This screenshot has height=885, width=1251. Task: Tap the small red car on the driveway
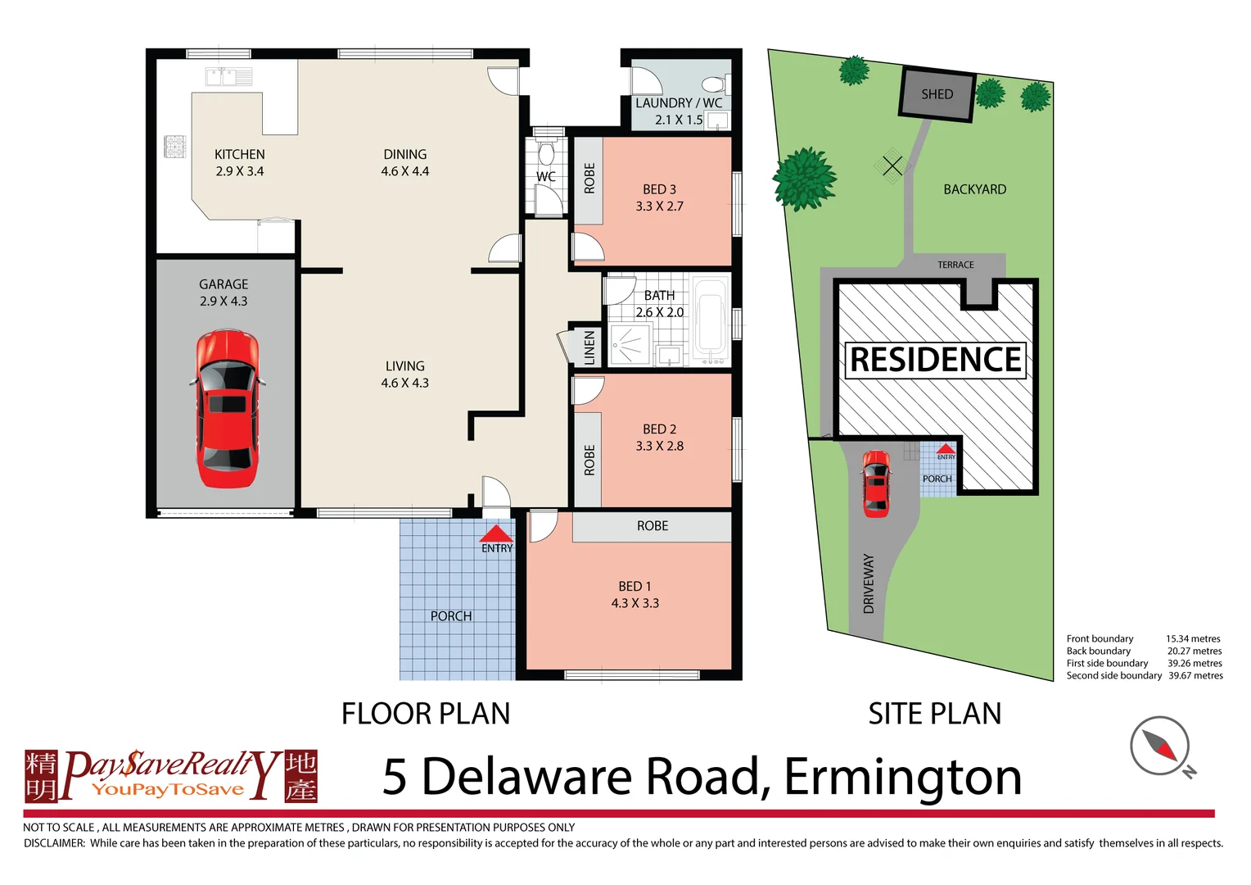pos(876,483)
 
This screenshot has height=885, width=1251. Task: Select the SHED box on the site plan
pos(937,94)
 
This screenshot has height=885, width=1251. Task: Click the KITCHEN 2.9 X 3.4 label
pos(239,162)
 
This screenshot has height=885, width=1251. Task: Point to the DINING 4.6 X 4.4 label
pos(404,162)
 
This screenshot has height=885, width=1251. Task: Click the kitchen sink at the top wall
pos(228,77)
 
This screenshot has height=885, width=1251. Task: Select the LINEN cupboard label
pos(589,347)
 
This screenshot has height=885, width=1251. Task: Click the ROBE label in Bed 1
pos(652,526)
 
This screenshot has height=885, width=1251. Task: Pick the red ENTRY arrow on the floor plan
pos(495,535)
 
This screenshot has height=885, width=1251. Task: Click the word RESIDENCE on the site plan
pos(936,361)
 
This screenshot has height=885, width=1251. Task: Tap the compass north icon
pos(1160,746)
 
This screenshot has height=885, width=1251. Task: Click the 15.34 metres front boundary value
pos(1192,638)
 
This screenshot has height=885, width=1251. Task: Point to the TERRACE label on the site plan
pos(955,265)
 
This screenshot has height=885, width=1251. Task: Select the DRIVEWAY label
pos(869,583)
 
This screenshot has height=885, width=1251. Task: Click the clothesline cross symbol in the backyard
pos(892,166)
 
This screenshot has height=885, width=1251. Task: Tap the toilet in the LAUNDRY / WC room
pos(714,84)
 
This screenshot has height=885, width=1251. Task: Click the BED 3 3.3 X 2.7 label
pos(659,197)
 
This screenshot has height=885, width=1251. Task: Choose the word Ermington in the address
pos(902,776)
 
